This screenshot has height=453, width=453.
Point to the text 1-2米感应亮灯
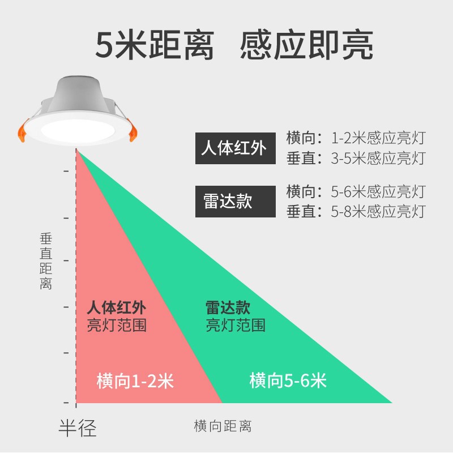coord(378,138)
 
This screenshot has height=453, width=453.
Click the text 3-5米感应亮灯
coord(378,158)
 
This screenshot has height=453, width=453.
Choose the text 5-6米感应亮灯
coord(378,191)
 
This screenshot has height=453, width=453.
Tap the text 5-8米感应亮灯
coord(378,212)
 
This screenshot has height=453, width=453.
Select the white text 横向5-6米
coord(288,381)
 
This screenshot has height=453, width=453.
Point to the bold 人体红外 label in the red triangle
coord(117,309)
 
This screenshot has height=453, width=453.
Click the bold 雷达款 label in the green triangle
coord(228,308)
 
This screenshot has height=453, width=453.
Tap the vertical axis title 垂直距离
coord(46,262)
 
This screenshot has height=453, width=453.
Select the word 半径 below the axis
coord(78,428)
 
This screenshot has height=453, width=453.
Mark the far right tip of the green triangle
coord(391,402)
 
